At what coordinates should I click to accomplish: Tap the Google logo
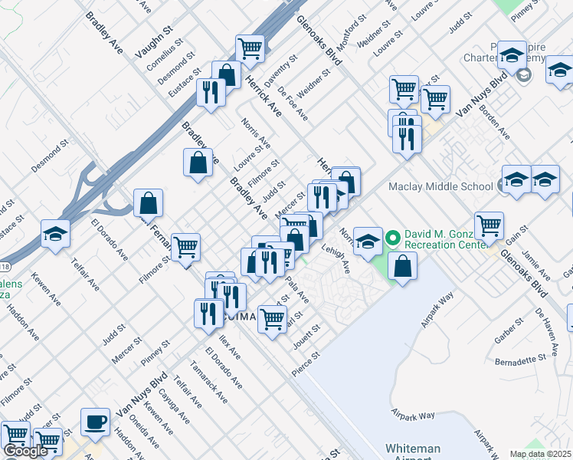(25, 451)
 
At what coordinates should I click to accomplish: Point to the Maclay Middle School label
(440, 186)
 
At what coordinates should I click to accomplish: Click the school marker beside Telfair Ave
(55, 234)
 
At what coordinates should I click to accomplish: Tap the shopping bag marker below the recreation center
(402, 266)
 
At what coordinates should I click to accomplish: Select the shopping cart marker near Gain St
(489, 225)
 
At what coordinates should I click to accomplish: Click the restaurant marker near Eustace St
(210, 93)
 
